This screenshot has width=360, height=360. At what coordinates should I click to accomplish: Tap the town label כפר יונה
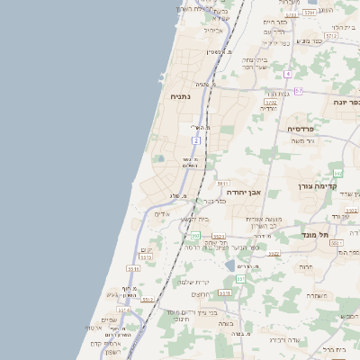[x=337, y=103]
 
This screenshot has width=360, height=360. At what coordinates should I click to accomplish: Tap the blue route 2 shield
[x=195, y=140]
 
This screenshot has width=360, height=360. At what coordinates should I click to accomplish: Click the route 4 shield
[x=288, y=74]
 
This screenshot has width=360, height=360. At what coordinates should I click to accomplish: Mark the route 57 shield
[x=298, y=91]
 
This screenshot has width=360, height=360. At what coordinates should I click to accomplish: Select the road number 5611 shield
[x=223, y=184]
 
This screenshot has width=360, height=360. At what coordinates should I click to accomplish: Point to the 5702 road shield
[x=270, y=103]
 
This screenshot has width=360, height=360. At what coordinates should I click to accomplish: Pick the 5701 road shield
[x=310, y=13]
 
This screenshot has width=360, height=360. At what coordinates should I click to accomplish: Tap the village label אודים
[x=162, y=214]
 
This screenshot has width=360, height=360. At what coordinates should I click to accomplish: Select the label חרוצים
[x=201, y=293]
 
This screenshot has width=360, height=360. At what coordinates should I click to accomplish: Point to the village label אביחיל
[x=213, y=30]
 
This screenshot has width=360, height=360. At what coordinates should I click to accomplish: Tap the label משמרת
[x=316, y=294]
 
